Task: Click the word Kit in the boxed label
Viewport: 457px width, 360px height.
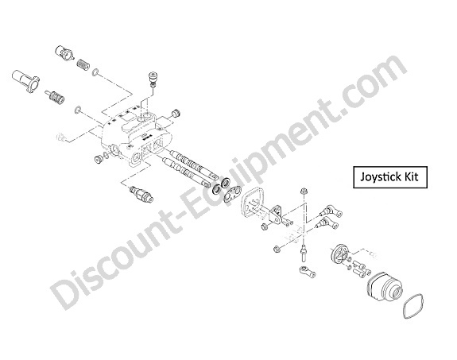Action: point(410,176)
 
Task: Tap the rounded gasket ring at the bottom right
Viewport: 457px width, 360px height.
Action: point(413,306)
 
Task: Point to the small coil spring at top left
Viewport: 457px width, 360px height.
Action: point(83,64)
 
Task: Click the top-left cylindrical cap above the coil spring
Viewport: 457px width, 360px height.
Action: point(64,52)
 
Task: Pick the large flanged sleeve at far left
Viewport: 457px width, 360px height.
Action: point(25,80)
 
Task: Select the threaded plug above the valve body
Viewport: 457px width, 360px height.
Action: point(153,79)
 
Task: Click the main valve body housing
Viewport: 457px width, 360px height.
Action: point(137,136)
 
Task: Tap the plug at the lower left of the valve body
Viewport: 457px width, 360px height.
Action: point(98,160)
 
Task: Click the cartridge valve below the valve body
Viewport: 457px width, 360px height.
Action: point(142,195)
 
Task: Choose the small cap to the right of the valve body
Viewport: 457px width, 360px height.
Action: point(176,113)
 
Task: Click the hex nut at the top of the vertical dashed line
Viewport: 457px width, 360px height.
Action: point(303,192)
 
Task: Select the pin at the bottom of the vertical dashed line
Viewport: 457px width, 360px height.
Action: point(304,253)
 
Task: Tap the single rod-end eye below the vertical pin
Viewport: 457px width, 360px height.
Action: point(308,271)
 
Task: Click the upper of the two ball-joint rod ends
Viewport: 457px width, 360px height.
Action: point(331,211)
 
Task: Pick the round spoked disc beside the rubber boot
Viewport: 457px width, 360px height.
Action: point(339,254)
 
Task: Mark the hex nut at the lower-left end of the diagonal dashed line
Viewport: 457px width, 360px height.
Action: point(277,249)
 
